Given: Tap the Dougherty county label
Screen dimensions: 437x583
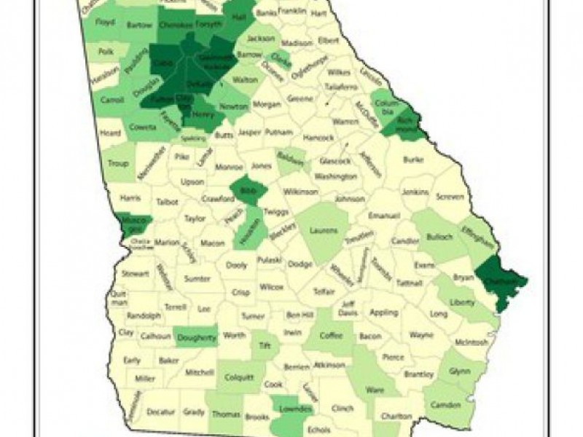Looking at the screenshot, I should point(197,338).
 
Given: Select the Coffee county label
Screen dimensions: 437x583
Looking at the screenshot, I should point(331,336).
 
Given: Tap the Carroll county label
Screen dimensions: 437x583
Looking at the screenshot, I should point(111,100).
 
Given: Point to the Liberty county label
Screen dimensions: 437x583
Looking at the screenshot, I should point(461,301).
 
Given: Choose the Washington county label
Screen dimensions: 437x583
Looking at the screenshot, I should point(336,176).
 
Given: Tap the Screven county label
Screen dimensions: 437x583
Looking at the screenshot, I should point(449,197).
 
